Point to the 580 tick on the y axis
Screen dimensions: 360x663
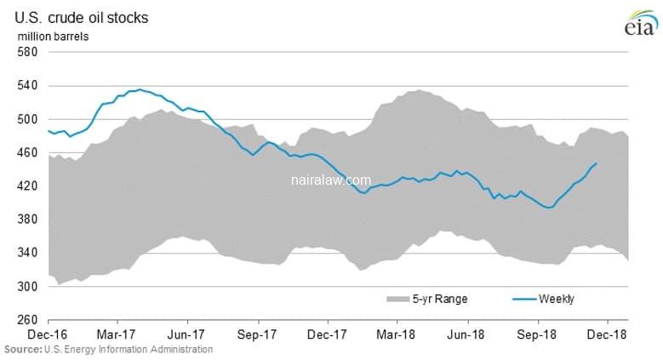[x=28, y=52]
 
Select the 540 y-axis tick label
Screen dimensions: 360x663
[x=28, y=85]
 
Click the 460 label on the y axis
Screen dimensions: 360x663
[x=28, y=152]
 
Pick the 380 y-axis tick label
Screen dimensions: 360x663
[x=28, y=220]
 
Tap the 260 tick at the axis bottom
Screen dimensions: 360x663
[x=28, y=320]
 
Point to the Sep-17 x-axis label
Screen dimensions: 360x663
[x=259, y=335]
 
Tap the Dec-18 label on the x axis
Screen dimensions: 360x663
[x=608, y=335]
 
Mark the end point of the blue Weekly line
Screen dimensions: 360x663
[x=596, y=163]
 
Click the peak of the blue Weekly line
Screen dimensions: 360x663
[x=140, y=89]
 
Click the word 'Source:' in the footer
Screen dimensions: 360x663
[x=20, y=350]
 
